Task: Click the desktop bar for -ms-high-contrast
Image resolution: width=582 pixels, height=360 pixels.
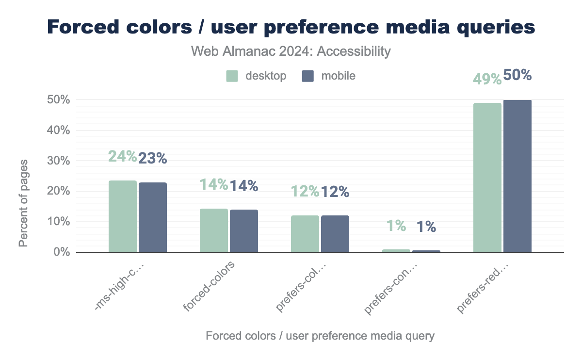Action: click(x=123, y=216)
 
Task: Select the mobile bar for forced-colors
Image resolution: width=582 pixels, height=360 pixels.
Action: click(x=244, y=231)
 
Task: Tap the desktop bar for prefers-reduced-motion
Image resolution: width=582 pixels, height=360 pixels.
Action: click(x=487, y=178)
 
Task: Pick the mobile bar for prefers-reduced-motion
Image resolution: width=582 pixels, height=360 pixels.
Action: click(x=517, y=176)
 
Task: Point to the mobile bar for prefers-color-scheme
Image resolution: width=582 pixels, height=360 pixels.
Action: click(x=335, y=234)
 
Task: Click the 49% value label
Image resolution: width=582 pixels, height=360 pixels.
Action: click(x=487, y=79)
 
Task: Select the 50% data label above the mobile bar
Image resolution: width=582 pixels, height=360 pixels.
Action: click(x=517, y=75)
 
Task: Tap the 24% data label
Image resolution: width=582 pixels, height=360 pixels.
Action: click(x=122, y=156)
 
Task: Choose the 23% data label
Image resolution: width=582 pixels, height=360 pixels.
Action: click(x=153, y=158)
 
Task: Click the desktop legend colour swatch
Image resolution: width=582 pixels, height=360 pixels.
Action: click(x=232, y=76)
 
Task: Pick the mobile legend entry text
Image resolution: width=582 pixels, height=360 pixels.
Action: click(x=338, y=76)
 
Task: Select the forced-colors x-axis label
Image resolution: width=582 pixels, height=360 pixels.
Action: click(x=210, y=287)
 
